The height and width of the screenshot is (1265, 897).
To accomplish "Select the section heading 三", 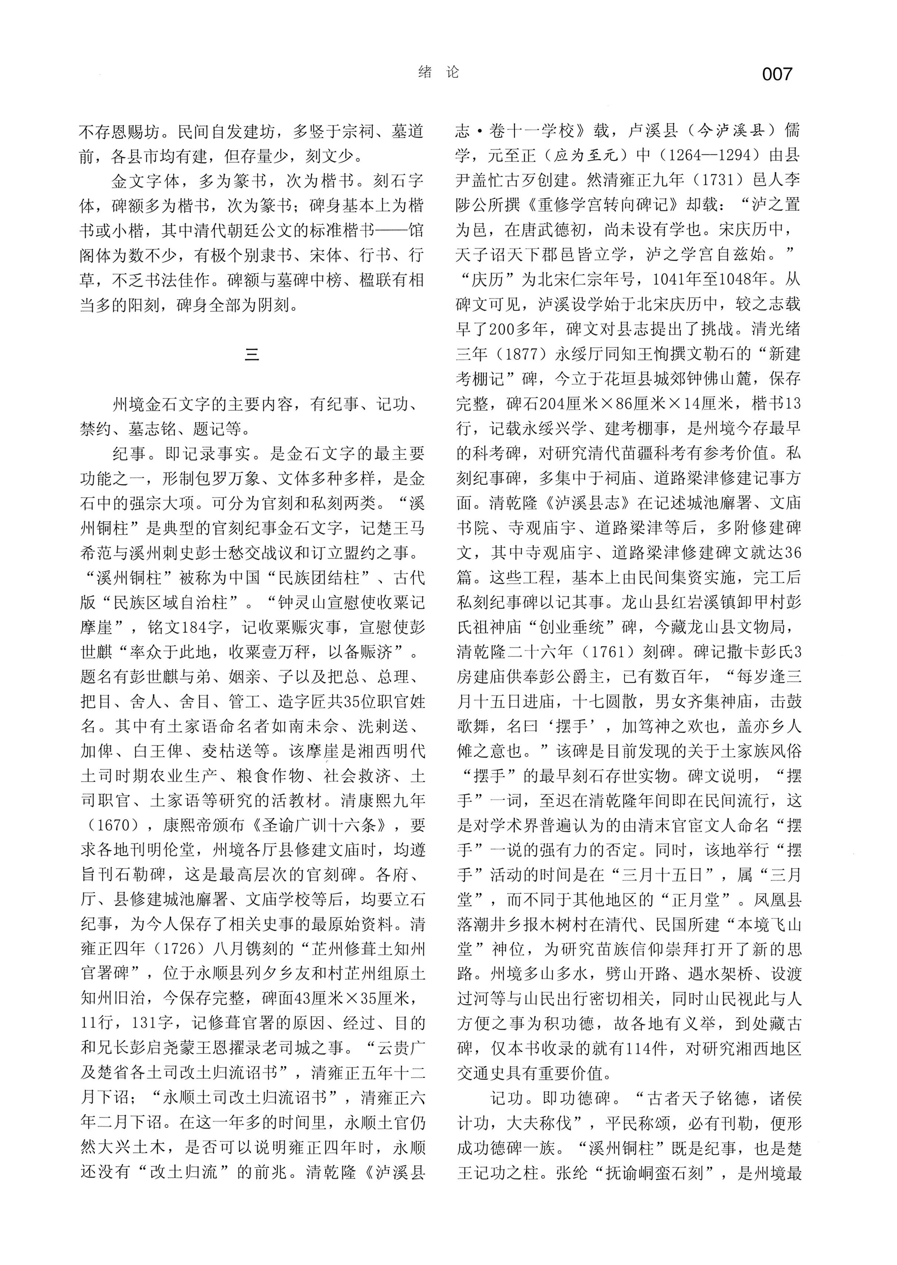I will point(252,354).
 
